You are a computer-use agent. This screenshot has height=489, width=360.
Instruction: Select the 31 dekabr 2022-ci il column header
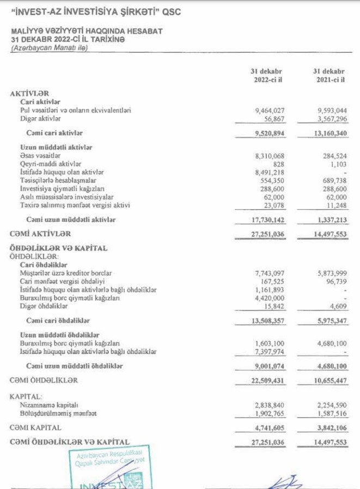tap(267, 76)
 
